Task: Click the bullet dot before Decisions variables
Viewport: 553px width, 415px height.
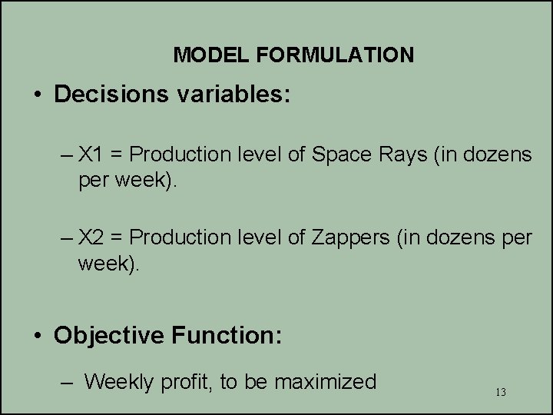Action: coord(36,95)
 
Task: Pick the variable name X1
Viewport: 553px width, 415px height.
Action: coord(91,154)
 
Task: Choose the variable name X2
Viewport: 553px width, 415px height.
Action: coord(91,238)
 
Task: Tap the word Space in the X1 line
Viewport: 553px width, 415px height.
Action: coord(337,154)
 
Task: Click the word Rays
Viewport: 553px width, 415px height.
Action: coord(397,154)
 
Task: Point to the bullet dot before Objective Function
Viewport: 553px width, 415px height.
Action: coord(36,336)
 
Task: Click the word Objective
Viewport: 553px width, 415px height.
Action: coord(108,335)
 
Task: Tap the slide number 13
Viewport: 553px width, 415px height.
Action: coord(501,393)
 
